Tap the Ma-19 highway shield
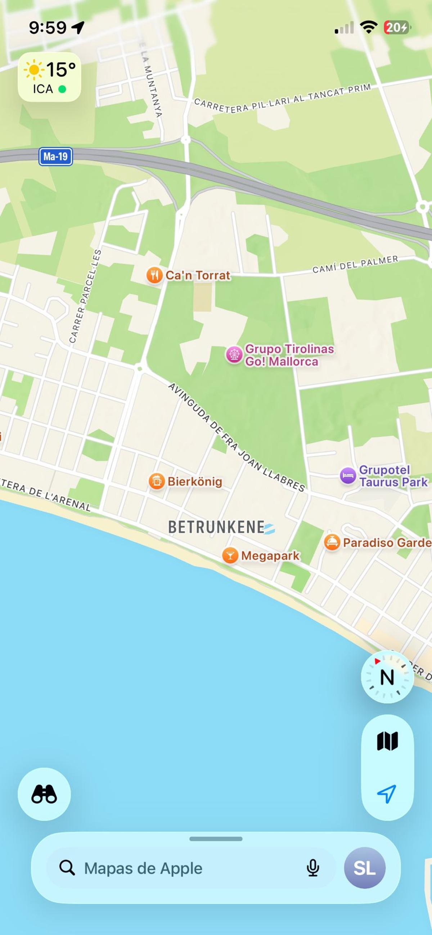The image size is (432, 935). click(55, 157)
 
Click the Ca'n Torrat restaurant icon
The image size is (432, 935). click(154, 275)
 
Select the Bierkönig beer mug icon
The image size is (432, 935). click(157, 481)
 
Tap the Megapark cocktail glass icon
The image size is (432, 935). click(230, 555)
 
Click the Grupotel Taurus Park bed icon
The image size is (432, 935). click(348, 475)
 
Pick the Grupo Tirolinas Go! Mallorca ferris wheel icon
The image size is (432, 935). click(234, 354)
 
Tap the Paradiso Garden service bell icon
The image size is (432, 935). click(332, 542)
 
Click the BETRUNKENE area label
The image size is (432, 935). click(216, 527)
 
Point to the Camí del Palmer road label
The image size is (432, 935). click(355, 264)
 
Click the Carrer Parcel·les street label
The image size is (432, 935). click(85, 296)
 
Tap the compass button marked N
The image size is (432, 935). click(387, 677)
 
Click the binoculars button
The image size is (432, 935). click(44, 794)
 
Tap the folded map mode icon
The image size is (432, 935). click(387, 741)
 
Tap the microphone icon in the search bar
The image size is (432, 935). click(312, 868)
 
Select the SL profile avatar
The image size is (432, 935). click(364, 868)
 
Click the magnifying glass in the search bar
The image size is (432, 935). click(67, 868)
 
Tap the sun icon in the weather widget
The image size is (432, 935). click(34, 69)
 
